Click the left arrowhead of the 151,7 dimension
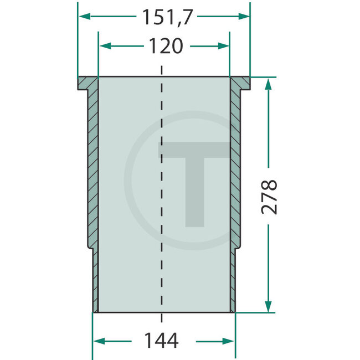click(83, 17)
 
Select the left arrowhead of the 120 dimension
click(102, 47)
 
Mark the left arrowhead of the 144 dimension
click(97, 341)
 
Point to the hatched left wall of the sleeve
click(92, 166)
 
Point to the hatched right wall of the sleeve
click(235, 166)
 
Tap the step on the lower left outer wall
click(90, 249)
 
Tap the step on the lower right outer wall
click(238, 249)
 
